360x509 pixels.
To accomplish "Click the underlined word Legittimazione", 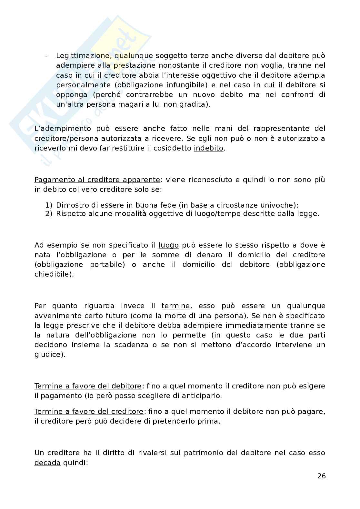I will (83, 56).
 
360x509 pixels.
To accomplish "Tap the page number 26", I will (321, 476).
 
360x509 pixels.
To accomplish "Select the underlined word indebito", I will (208, 148).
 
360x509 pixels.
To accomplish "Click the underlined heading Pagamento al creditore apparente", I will (97, 180).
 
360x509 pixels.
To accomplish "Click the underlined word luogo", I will (168, 245).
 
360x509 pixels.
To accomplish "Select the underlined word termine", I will (176, 306).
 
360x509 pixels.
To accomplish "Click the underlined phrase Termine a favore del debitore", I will (88, 386).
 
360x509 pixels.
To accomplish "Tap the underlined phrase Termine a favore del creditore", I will (89, 411).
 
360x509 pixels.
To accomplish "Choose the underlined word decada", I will (47, 463).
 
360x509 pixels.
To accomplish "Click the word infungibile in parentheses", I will (186, 85).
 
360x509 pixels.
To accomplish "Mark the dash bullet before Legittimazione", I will (46, 56).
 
